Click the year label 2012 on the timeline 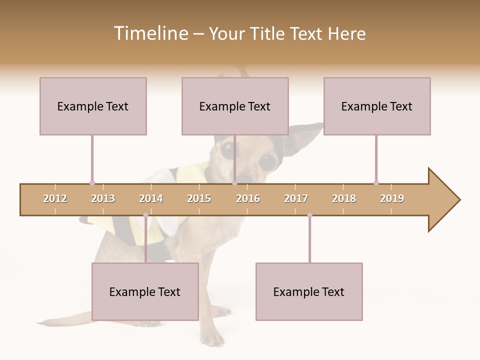(x=55, y=198)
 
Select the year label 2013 (x=103, y=198)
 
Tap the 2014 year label (x=151, y=198)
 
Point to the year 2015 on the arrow (x=199, y=198)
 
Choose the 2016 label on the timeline (x=248, y=198)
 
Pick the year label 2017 (x=296, y=198)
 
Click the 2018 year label (x=344, y=198)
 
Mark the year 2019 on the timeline (x=392, y=198)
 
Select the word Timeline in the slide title (x=150, y=33)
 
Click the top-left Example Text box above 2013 (x=93, y=106)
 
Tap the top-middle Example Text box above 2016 (x=235, y=106)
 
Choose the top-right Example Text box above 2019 (x=377, y=106)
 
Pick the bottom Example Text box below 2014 (x=145, y=291)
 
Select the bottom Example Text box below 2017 (x=309, y=291)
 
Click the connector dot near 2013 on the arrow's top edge (x=92, y=183)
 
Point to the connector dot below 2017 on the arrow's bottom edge (x=309, y=215)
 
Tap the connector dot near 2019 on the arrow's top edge (x=376, y=183)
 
